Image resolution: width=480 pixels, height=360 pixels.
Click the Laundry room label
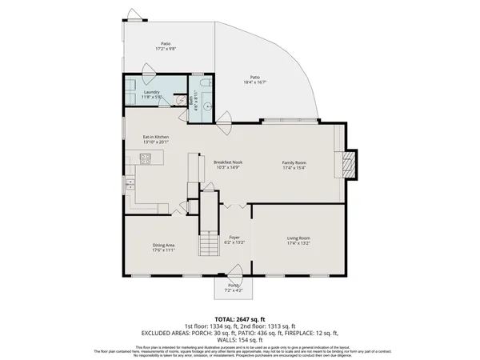[x=152, y=92]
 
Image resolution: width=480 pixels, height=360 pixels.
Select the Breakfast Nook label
[x=228, y=162]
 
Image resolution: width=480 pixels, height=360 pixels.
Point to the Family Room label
[x=294, y=162]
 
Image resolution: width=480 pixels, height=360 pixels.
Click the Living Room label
[x=298, y=238]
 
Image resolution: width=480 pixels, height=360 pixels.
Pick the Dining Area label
[x=164, y=245]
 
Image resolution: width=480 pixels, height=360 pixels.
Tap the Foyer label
[x=234, y=238]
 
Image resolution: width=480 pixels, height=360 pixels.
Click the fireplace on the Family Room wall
[x=349, y=164]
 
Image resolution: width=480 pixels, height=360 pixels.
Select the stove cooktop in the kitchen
[x=146, y=159]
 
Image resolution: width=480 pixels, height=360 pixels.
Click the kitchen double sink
[x=128, y=185]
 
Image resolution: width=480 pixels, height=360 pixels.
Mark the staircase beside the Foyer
[x=209, y=228]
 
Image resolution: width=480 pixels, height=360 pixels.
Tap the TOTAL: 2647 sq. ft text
[x=240, y=318]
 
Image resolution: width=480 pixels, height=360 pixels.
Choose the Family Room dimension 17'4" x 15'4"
[x=294, y=168]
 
